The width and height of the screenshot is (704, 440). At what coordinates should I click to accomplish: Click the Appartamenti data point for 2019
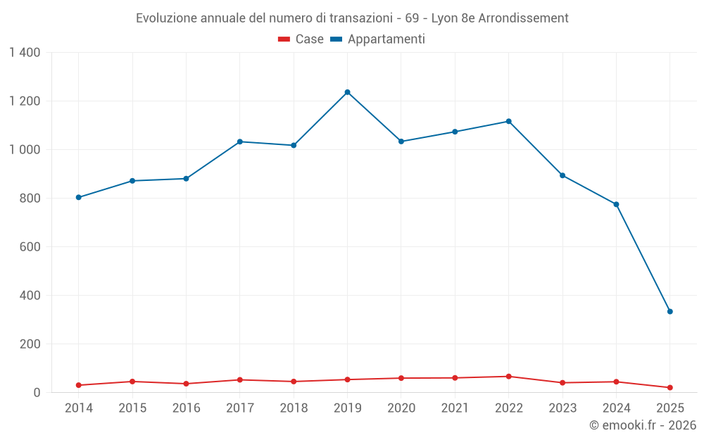point(347,92)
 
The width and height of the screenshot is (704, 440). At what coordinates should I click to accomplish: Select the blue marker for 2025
point(670,311)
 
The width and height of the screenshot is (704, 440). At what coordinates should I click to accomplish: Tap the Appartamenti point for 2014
point(78,197)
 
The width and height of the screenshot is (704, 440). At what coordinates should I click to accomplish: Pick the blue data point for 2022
point(508,121)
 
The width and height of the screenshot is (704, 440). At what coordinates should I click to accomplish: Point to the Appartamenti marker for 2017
point(239,142)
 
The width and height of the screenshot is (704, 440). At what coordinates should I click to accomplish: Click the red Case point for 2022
point(508,377)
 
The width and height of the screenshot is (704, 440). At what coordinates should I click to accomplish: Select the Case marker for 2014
point(78,385)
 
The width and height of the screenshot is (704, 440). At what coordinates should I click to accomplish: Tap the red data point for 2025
point(670,388)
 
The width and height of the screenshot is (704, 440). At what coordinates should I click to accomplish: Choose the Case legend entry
point(301,39)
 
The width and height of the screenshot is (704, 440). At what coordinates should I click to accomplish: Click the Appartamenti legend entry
point(377,39)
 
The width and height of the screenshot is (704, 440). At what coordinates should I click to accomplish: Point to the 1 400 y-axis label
point(25,52)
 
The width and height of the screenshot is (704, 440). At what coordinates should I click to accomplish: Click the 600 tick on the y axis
point(30,247)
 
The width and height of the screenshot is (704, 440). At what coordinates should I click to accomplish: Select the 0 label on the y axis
point(37,393)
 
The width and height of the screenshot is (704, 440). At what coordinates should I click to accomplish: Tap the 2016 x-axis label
point(186,408)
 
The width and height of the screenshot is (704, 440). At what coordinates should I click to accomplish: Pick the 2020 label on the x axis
point(401,408)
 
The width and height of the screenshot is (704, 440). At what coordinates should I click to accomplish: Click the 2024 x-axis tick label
point(616,408)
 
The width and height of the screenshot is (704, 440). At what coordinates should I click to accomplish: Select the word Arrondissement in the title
point(523,18)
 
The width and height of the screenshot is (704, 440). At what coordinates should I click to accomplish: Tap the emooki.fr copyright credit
point(642,425)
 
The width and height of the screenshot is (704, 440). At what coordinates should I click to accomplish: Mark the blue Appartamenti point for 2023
point(562,175)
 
